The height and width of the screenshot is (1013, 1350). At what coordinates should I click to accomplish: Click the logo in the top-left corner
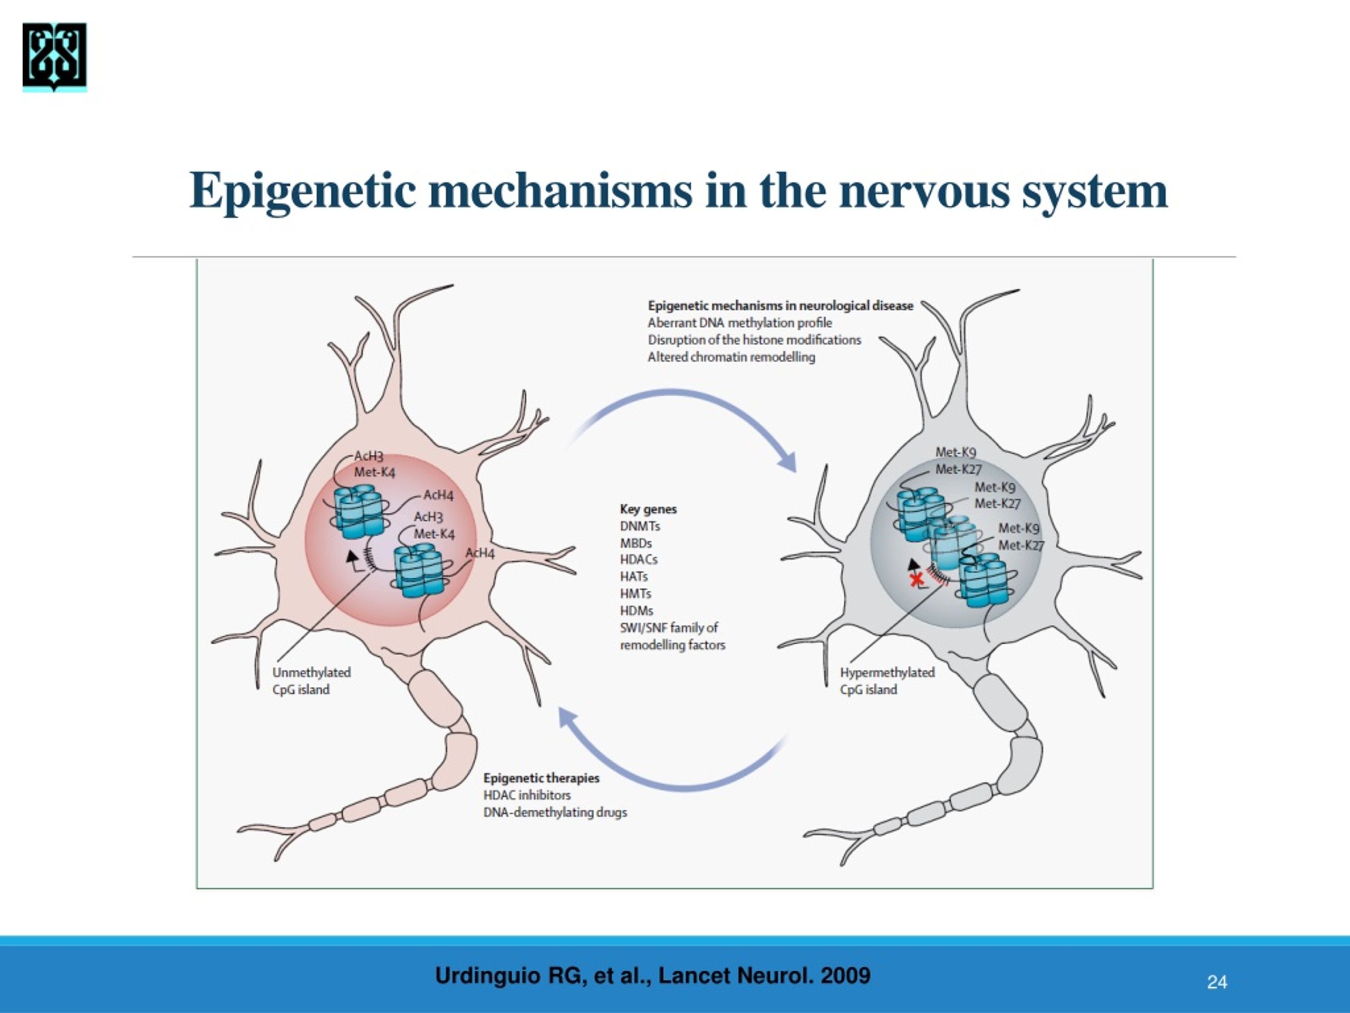tap(54, 57)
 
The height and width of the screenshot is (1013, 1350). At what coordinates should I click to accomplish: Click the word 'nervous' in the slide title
tap(924, 191)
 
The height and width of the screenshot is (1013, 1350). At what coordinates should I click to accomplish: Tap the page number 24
tap(1217, 982)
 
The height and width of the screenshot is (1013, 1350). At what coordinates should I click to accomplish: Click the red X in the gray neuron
tap(916, 579)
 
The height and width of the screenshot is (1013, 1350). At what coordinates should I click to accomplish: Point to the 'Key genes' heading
tap(648, 509)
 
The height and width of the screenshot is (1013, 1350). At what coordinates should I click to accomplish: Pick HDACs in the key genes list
tap(639, 559)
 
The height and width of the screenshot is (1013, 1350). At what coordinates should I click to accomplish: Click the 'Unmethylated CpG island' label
tap(312, 681)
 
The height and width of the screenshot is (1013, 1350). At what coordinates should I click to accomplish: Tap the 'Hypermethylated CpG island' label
tap(888, 681)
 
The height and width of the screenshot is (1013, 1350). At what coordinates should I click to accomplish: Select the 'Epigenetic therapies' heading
tap(542, 778)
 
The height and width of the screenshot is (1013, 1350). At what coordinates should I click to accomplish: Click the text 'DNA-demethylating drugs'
tap(555, 813)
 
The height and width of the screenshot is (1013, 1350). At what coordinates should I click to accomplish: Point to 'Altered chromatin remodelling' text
tap(731, 357)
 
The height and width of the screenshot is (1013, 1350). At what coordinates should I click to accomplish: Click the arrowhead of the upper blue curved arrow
tap(788, 462)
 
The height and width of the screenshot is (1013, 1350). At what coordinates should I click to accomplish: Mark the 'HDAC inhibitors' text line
tap(527, 795)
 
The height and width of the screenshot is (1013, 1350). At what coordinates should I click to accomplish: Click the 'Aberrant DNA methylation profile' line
tap(740, 323)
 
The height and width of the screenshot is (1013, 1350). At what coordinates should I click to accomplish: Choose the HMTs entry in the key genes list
tap(635, 594)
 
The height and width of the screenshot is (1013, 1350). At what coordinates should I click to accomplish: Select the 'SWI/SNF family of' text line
tap(669, 628)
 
